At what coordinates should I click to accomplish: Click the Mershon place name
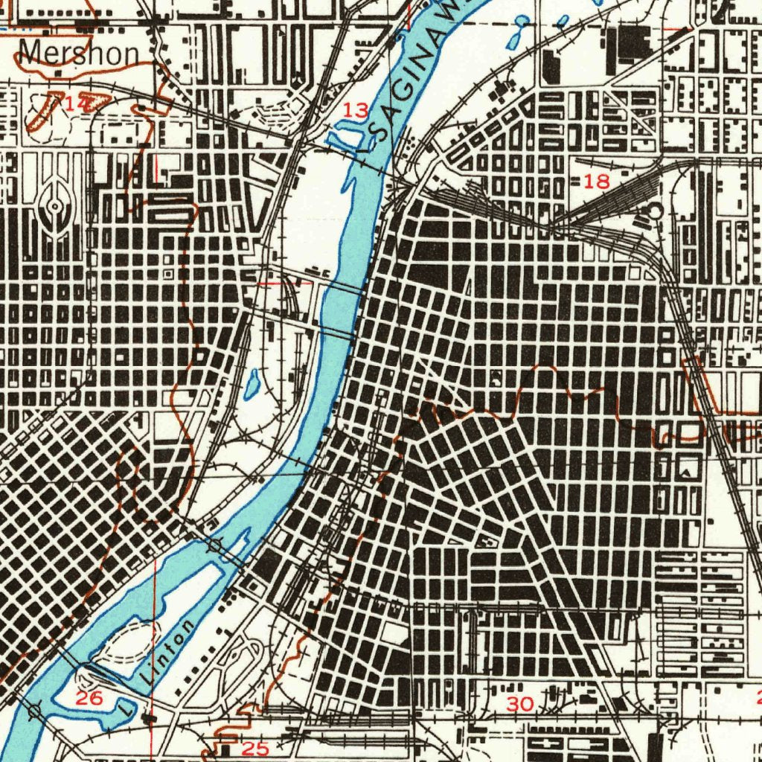(79, 53)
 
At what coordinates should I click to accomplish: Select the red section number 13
(356, 110)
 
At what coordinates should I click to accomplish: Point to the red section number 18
(597, 180)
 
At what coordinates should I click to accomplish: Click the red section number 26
(89, 698)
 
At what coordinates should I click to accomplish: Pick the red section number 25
(255, 749)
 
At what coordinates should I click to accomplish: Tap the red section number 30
(520, 703)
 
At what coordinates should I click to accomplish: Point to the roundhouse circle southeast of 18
(653, 211)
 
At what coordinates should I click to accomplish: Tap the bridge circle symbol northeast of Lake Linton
(216, 546)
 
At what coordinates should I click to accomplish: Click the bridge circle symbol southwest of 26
(34, 711)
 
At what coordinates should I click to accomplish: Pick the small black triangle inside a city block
(685, 470)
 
